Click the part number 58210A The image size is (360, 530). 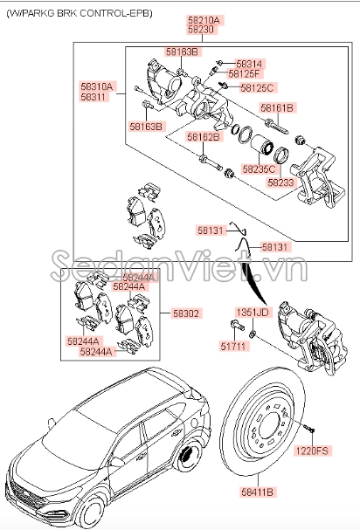(204, 18)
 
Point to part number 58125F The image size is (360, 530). (246, 74)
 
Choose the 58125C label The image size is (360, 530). (257, 87)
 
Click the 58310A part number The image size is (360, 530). (97, 86)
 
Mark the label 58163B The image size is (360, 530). (145, 127)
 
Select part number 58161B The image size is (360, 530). (277, 107)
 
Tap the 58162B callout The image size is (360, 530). (203, 137)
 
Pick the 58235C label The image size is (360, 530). (260, 168)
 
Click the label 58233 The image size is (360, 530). (280, 183)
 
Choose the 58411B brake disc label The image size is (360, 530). (258, 492)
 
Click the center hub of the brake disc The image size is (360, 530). (264, 425)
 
